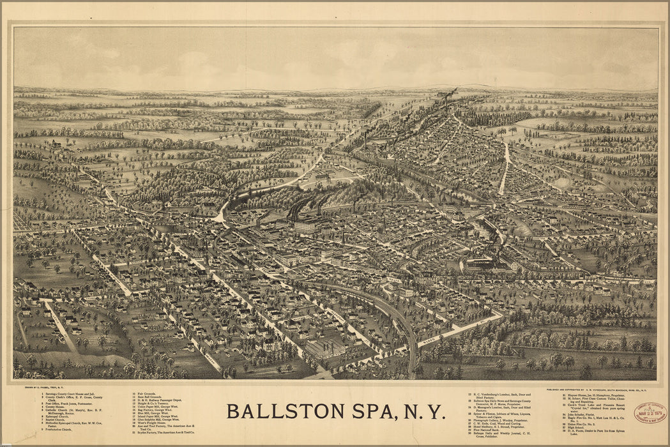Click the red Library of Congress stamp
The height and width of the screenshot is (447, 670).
coord(650,412)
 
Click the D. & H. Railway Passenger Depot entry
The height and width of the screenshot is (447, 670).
coord(162,402)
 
